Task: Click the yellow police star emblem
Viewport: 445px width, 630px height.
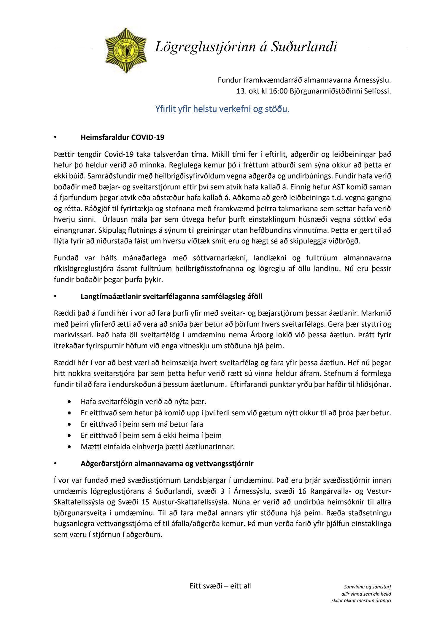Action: [x=126, y=50]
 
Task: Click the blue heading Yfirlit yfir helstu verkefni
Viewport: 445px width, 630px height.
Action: [x=222, y=109]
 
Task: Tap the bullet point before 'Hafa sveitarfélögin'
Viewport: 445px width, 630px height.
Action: [x=69, y=402]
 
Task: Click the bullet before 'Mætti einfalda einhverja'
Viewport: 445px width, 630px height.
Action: [x=69, y=447]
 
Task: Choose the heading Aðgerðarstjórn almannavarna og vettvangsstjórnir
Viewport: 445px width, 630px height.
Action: [x=167, y=463]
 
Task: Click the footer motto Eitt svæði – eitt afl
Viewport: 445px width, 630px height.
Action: [x=220, y=586]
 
